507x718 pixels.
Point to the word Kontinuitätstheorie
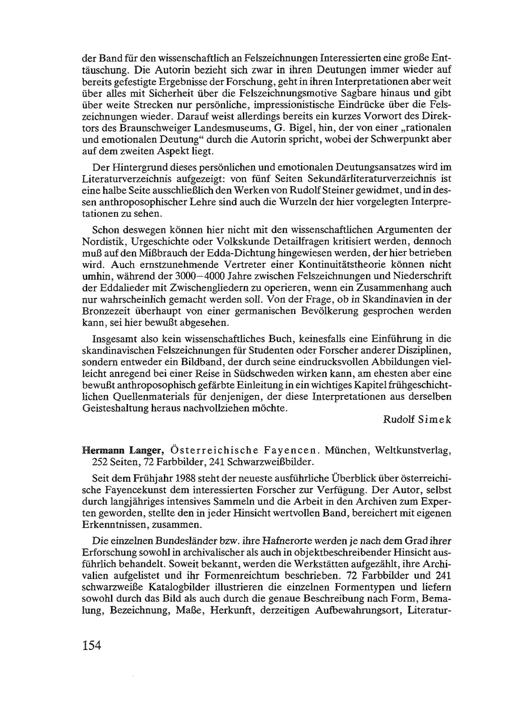(357, 265)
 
